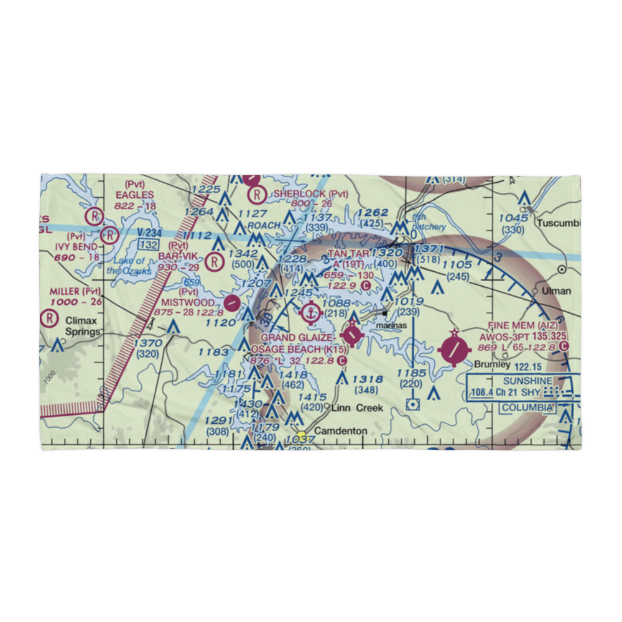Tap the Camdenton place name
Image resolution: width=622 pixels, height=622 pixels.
point(337,430)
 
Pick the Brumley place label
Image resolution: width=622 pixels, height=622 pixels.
point(492,364)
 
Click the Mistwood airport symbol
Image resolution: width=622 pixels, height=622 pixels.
point(232,303)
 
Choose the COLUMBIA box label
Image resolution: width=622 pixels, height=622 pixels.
point(527,407)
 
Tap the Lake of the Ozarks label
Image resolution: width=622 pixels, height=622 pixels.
point(129,266)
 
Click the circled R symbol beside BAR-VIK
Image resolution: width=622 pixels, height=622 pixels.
point(215,262)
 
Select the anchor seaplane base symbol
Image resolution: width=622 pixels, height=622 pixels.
point(310,313)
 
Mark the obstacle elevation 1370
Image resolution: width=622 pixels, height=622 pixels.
point(148,343)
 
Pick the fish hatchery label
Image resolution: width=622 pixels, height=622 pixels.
point(429,223)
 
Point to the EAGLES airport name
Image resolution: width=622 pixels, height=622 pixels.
point(134,194)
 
